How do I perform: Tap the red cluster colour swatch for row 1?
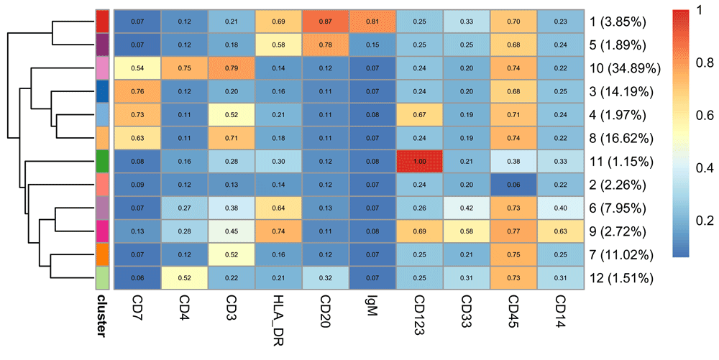coord(103,22)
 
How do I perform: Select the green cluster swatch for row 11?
coord(103,162)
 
